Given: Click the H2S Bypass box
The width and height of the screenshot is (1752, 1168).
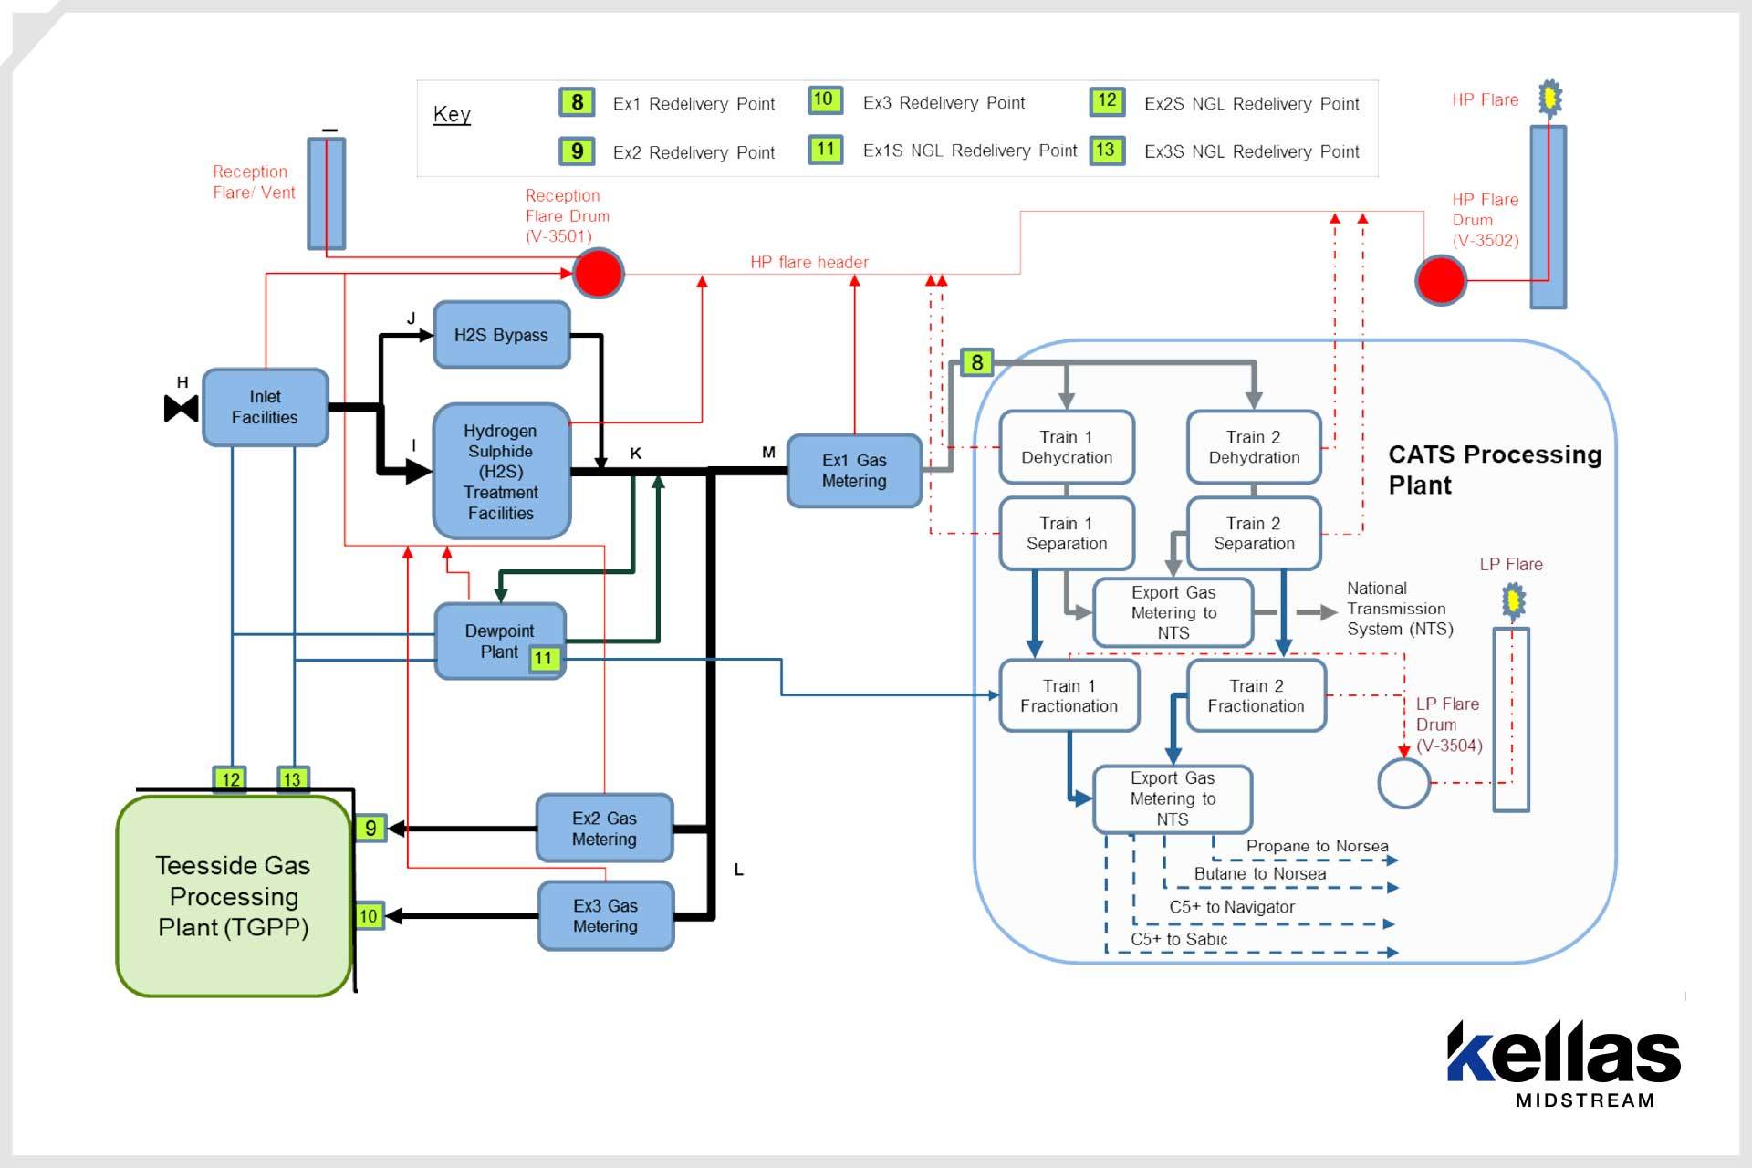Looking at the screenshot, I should [501, 335].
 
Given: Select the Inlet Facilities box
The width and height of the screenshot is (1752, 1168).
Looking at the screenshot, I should [265, 407].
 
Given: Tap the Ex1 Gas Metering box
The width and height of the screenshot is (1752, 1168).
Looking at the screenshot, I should [854, 471].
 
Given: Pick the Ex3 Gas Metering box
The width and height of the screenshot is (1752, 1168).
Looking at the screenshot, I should [605, 915].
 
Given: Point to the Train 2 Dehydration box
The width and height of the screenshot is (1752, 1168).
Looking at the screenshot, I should [1254, 447].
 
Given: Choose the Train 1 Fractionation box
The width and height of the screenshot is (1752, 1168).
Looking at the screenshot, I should [1069, 695].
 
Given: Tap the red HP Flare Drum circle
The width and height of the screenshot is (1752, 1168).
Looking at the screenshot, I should [1441, 280].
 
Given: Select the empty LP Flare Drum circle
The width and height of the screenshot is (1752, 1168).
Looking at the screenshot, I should [1403, 783].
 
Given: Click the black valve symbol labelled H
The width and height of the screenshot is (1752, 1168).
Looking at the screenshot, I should [181, 408].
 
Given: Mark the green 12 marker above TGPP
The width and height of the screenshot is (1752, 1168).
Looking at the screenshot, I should [230, 779].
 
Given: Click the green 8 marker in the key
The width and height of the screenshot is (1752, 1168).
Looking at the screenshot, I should [577, 102].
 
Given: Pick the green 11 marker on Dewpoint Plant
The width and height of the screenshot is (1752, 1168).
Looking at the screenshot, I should [544, 658].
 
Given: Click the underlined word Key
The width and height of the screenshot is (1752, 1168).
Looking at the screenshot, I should [452, 115].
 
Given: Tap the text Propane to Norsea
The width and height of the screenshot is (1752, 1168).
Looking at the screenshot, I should [1317, 846].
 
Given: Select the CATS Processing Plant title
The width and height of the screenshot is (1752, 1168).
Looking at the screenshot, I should [1494, 469].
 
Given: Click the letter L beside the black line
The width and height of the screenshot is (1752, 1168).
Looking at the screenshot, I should [738, 870].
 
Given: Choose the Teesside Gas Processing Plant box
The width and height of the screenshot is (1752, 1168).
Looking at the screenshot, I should [234, 896].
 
